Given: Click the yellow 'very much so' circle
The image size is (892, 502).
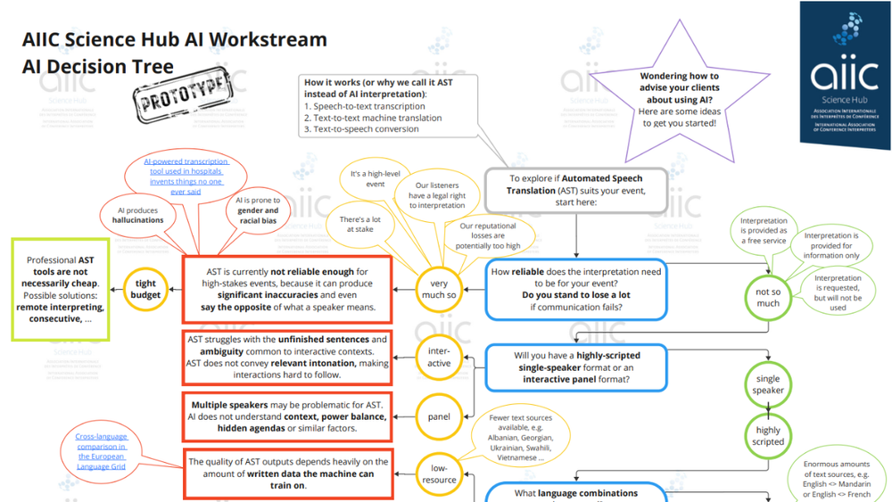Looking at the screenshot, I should pyautogui.click(x=440, y=287).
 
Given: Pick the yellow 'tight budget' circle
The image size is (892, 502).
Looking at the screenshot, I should pyautogui.click(x=145, y=288).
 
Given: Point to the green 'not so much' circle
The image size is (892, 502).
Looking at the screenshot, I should pyautogui.click(x=768, y=297).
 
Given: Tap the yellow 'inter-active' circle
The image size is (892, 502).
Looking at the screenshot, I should pyautogui.click(x=440, y=357).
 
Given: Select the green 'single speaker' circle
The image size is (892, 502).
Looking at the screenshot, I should pyautogui.click(x=768, y=384).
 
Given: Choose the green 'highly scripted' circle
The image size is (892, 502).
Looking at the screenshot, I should pyautogui.click(x=768, y=435).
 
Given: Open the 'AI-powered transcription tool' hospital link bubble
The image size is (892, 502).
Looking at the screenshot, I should pyautogui.click(x=187, y=177).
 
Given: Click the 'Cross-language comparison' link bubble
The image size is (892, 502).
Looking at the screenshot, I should pyautogui.click(x=101, y=450).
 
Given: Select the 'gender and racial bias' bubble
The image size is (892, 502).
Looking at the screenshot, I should pyautogui.click(x=259, y=210).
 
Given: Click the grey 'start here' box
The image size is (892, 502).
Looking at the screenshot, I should pyautogui.click(x=575, y=190).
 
